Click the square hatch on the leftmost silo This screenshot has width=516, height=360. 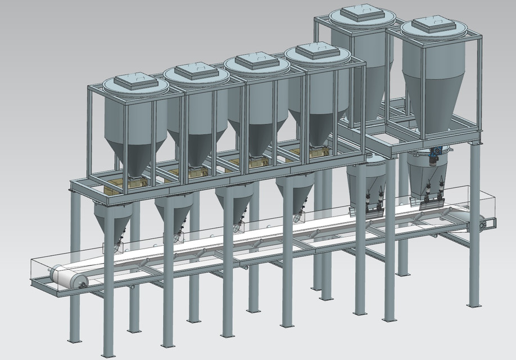click(x=134, y=81)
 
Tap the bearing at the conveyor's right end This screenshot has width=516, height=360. click(x=483, y=224)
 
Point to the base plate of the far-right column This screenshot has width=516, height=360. click(x=473, y=305)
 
